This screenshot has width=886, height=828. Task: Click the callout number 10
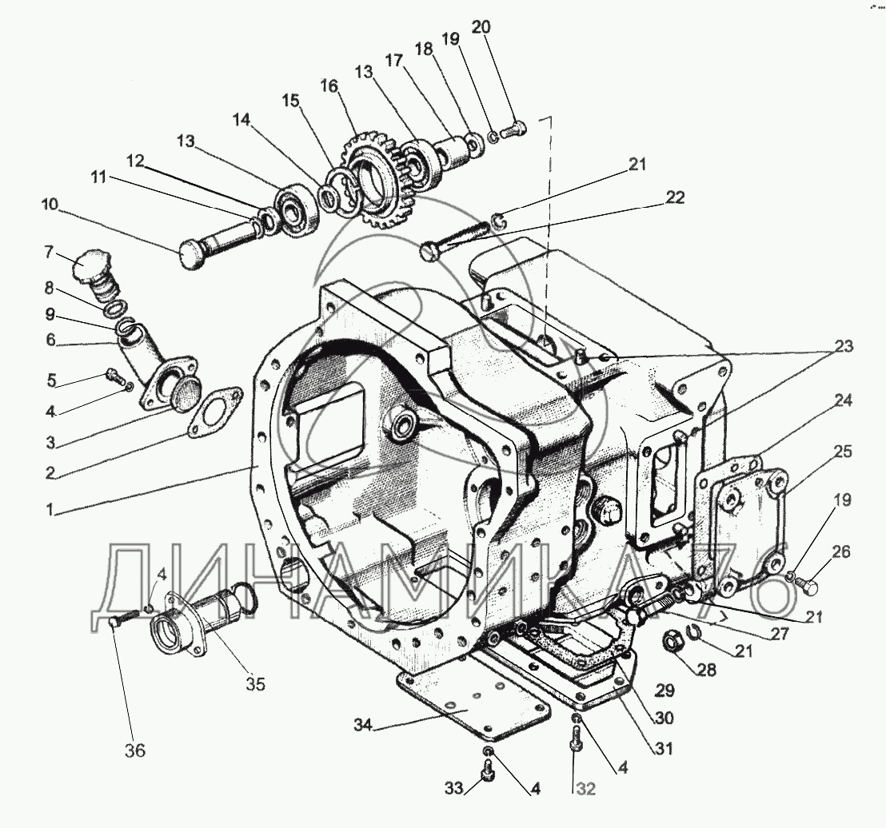[x=50, y=204]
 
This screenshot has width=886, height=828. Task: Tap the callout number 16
[x=329, y=86]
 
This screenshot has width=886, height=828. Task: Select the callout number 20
[x=481, y=26]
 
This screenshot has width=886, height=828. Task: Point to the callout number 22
[x=675, y=197]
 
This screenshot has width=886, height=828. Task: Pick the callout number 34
[x=363, y=725]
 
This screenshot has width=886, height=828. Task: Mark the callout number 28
[x=707, y=670]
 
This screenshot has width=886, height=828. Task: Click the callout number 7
[x=49, y=252]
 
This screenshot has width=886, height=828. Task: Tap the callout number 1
[x=50, y=510]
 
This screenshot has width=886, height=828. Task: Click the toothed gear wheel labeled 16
[x=374, y=178]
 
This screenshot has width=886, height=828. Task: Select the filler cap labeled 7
[x=98, y=277]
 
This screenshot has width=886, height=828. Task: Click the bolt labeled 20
[x=513, y=130]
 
